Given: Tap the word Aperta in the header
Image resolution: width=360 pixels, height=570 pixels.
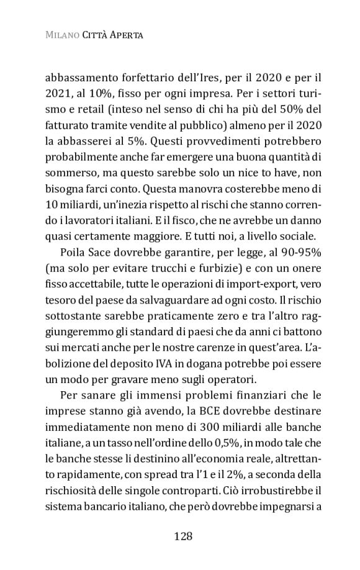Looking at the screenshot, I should click(x=127, y=35).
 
